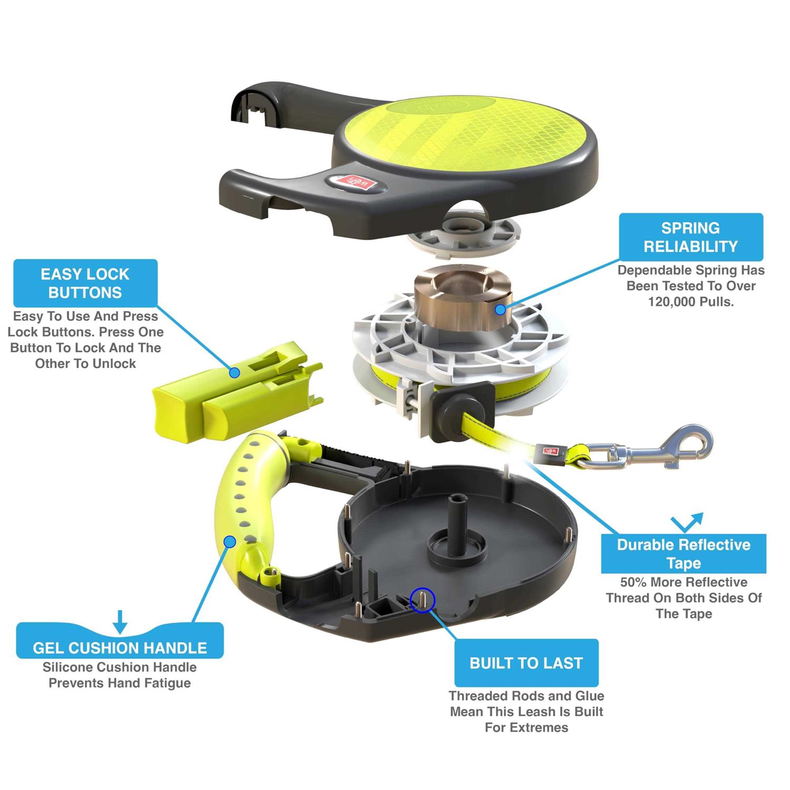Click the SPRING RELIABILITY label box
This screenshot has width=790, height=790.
[x=690, y=237]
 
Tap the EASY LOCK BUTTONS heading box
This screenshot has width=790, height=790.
[x=85, y=283]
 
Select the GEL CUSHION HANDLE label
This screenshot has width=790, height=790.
[x=120, y=647]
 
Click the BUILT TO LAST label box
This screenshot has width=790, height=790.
[x=526, y=663]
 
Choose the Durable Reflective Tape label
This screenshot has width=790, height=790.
[x=684, y=554]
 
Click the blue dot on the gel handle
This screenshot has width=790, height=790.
[x=230, y=541]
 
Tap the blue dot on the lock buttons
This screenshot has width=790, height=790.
[x=235, y=372]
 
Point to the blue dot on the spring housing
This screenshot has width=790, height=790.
[x=500, y=309]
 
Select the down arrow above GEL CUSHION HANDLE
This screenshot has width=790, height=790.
[x=120, y=621]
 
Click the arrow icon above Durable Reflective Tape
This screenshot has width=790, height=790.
[x=687, y=522]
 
